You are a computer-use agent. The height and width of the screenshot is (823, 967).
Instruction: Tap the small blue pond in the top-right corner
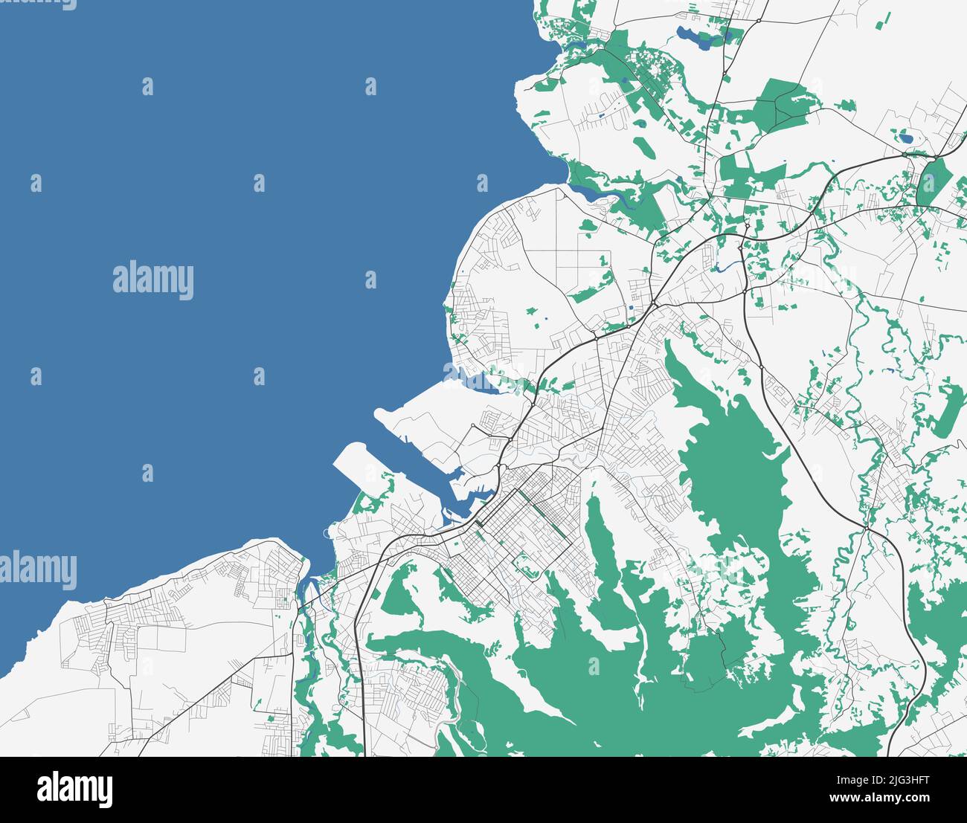(905, 138)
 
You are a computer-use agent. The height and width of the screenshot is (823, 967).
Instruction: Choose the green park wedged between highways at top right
(936, 181)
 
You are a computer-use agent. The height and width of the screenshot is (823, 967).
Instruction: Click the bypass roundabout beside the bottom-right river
(867, 528)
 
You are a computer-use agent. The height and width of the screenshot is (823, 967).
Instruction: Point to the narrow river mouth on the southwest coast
(305, 591)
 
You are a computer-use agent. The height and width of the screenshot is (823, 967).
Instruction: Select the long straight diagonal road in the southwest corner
(201, 699)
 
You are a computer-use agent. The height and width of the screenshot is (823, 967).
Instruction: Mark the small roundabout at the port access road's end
(473, 426)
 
